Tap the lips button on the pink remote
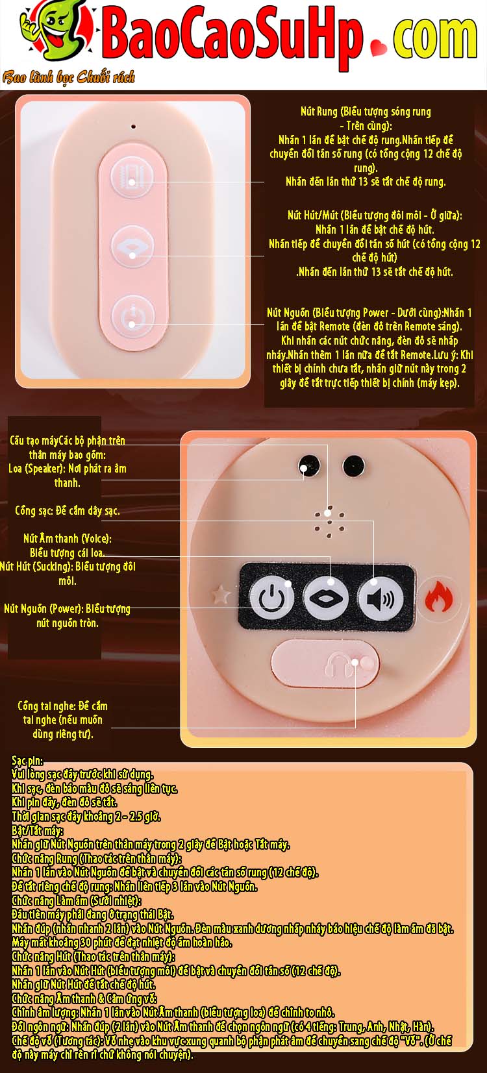pos(132,246)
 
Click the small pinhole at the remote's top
pos(133,127)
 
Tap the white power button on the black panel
pos(272,597)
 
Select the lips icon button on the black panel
pos(326,598)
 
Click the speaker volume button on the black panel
pos(381,598)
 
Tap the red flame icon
pos(438,597)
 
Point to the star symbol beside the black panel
pos(221,595)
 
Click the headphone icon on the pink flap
pos(337,665)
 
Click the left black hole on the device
pos(309,465)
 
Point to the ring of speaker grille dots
pos(329,522)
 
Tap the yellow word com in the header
pos(435,38)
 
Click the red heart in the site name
pos(379,47)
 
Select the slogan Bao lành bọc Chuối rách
pos(69,77)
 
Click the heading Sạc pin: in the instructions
pos(27,761)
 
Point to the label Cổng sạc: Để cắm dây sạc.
pos(67,511)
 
